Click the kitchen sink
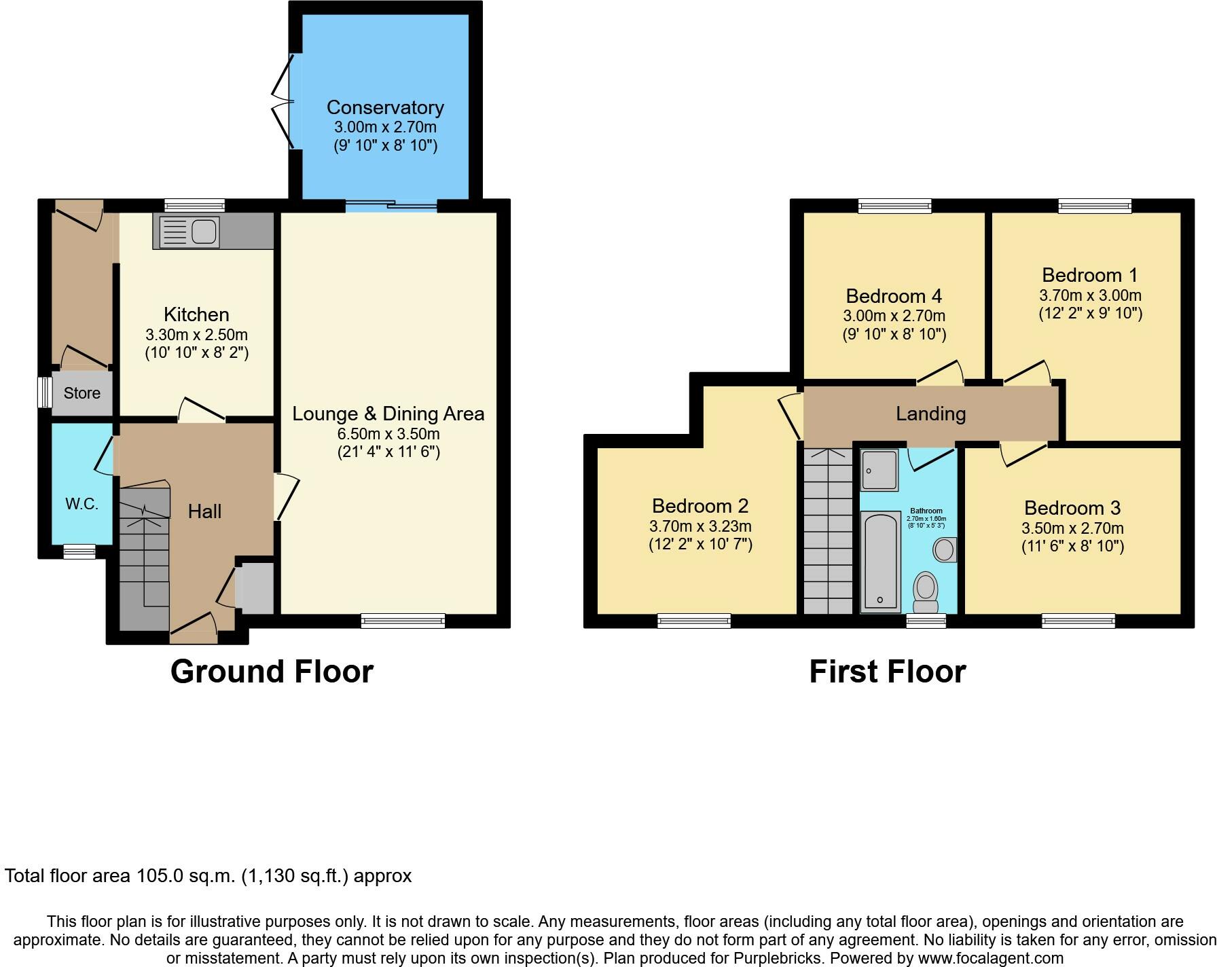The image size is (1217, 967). [187, 231]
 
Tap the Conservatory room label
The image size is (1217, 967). [385, 107]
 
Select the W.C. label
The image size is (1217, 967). [81, 504]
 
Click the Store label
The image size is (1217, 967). [82, 393]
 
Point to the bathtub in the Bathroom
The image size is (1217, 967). [880, 561]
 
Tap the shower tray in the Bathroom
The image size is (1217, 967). [879, 469]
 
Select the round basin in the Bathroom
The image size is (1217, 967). [945, 549]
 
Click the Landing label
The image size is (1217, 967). [930, 414]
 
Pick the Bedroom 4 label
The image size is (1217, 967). [894, 296]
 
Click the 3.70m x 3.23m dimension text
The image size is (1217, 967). [700, 526]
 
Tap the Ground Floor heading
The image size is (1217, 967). [272, 672]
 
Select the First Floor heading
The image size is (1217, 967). [888, 672]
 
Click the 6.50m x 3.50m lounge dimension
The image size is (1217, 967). [388, 434]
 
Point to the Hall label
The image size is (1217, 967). [204, 511]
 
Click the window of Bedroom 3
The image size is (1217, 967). [1078, 620]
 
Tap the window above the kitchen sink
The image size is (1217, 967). [195, 205]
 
